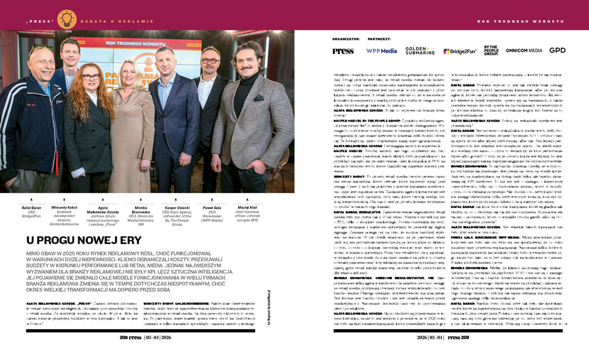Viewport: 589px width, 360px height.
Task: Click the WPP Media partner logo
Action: point(381,51)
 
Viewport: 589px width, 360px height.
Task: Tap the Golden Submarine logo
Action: point(420,51)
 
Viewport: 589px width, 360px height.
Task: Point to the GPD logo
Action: point(558,50)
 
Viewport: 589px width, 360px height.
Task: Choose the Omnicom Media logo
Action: point(524,51)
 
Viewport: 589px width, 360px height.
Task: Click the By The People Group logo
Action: point(491,50)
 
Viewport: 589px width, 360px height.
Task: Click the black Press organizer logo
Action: point(343,51)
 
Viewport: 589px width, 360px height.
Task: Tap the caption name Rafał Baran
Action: point(30,207)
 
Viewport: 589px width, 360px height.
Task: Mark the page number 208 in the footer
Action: point(130,336)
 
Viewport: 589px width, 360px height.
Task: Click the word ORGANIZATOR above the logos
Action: point(346,39)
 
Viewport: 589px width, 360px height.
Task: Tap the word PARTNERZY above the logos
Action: point(379,39)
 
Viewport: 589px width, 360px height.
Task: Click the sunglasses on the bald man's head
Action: point(41,48)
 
